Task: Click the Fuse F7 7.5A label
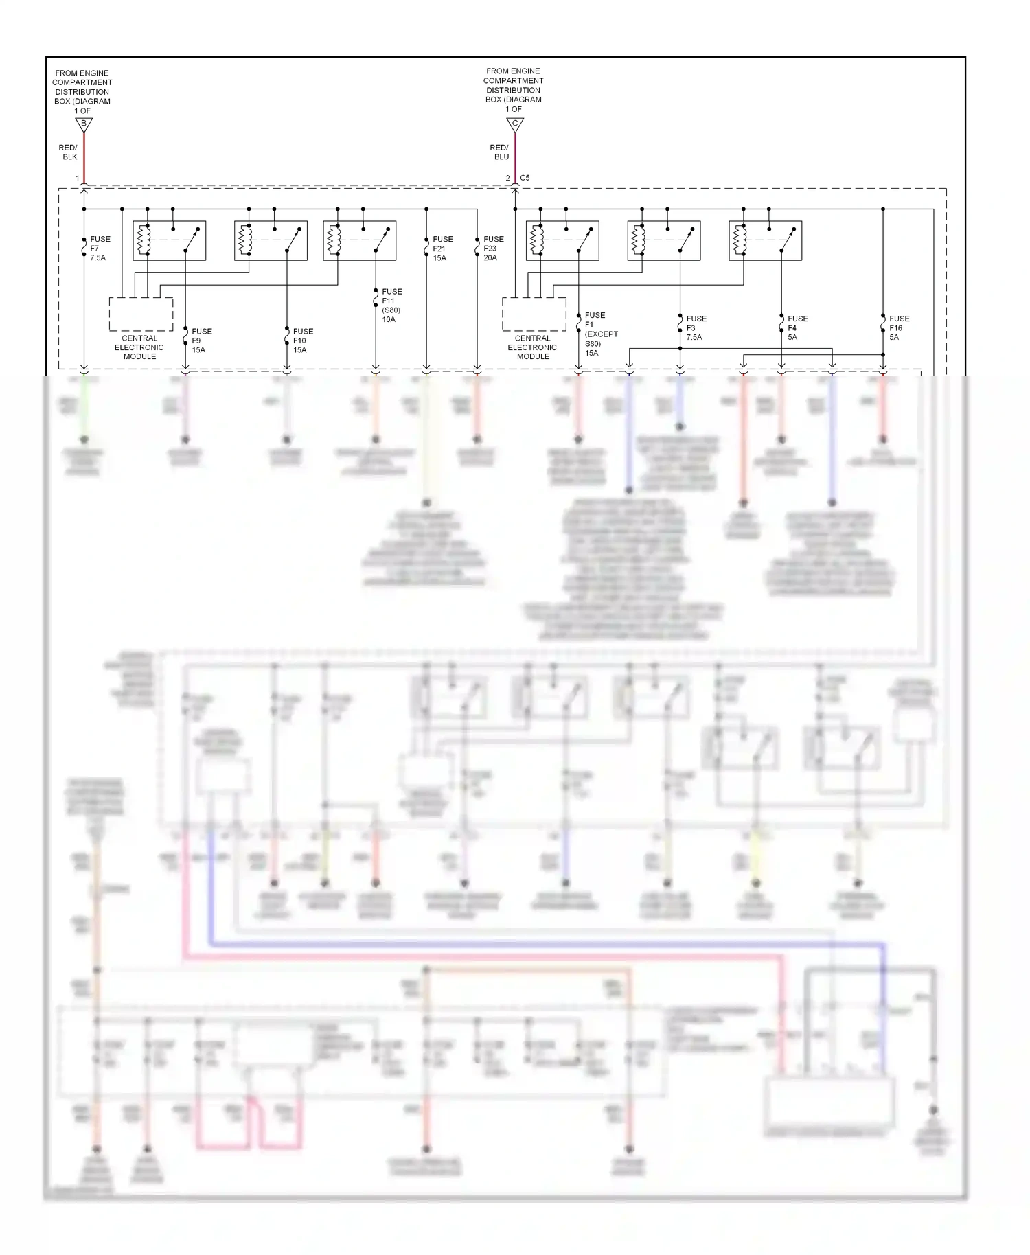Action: (x=99, y=249)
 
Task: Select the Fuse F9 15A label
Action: (x=201, y=341)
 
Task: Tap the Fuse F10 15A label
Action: (x=302, y=341)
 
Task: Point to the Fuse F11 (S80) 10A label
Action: (x=391, y=306)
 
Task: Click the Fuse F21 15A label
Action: (x=442, y=249)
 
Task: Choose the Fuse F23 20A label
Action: (x=493, y=249)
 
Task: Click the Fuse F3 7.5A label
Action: (x=696, y=327)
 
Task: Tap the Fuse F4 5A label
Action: (x=797, y=327)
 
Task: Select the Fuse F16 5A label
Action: (x=899, y=327)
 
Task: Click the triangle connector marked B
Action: (x=84, y=124)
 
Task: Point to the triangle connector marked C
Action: (x=515, y=124)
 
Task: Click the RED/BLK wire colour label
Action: (x=69, y=152)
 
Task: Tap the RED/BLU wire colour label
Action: (x=500, y=152)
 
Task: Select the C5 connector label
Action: (x=525, y=178)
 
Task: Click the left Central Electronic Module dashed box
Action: (x=141, y=314)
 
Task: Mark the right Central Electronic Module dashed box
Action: (x=534, y=314)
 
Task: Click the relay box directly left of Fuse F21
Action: (x=359, y=240)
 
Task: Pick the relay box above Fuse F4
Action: (x=765, y=240)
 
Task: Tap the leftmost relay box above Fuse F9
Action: (x=170, y=240)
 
